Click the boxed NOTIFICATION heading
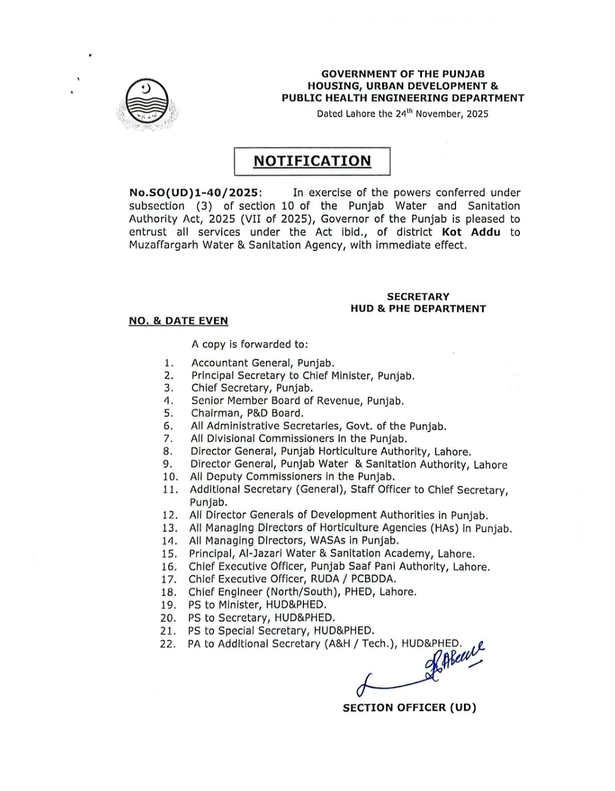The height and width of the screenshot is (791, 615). [x=312, y=161]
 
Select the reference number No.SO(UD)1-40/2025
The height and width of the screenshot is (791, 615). [x=194, y=193]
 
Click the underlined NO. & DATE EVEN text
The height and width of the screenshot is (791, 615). [x=178, y=321]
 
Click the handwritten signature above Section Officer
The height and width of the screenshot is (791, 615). [x=421, y=670]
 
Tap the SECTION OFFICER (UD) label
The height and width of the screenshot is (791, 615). [x=409, y=708]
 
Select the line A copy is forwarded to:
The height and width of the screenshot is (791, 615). [x=249, y=344]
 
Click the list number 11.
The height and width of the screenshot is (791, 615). [x=170, y=490]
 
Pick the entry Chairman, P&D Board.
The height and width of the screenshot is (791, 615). [x=247, y=413]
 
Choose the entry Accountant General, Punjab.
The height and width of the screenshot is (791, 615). [x=263, y=363]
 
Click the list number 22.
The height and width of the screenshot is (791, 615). [x=168, y=645]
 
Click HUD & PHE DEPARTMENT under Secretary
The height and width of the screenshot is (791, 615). [x=418, y=309]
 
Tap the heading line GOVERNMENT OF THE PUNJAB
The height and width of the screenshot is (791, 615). [x=403, y=74]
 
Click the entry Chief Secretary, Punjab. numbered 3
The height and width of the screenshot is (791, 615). [x=252, y=388]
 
